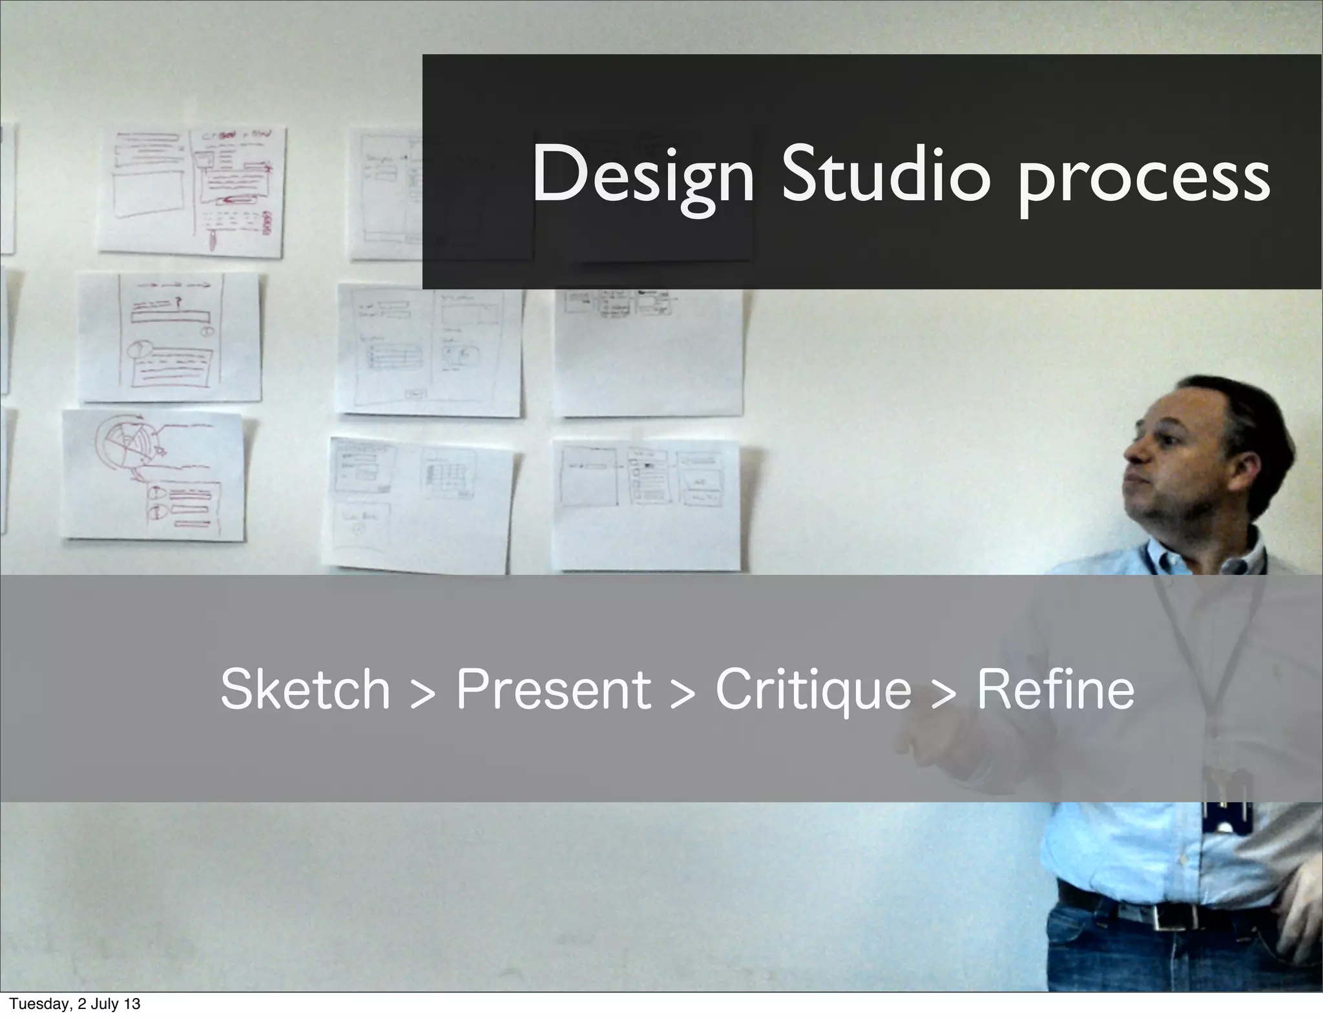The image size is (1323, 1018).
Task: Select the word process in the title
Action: [x=1143, y=178]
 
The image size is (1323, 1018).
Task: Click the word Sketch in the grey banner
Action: [x=305, y=690]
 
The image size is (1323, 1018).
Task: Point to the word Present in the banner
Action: [x=554, y=690]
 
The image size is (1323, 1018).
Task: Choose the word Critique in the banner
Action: [x=813, y=690]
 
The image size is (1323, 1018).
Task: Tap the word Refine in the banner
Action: [x=1055, y=690]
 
